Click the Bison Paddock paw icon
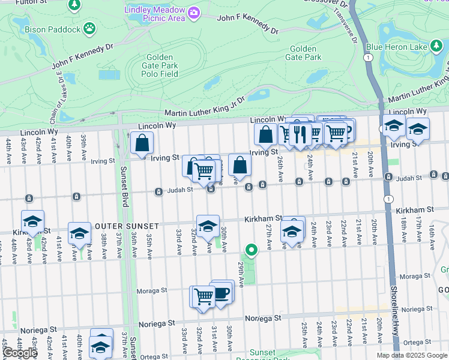[89, 28]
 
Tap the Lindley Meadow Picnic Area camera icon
[193, 13]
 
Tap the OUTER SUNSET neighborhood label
[126, 226]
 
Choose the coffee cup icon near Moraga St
[222, 292]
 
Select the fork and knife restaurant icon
[301, 134]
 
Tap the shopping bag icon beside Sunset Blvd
[142, 143]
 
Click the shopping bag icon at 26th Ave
[265, 135]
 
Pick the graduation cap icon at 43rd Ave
[33, 221]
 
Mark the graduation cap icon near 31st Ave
[208, 226]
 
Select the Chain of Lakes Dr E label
[62, 89]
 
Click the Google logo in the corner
[20, 353]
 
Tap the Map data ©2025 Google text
[412, 355]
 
